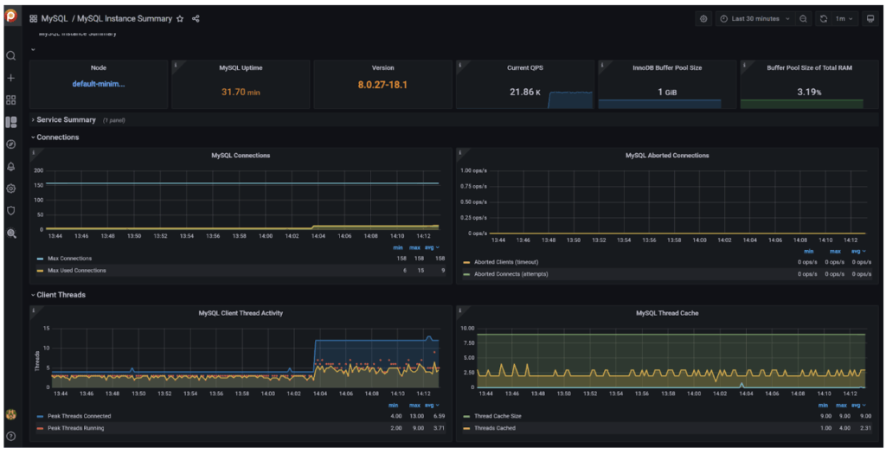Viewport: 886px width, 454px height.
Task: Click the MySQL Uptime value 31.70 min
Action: coord(240,92)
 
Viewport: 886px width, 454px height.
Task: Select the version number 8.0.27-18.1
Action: coord(382,85)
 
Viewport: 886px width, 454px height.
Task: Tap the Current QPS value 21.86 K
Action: coord(524,92)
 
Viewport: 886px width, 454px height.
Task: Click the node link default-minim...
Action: coord(98,84)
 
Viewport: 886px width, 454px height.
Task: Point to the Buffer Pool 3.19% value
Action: coord(808,92)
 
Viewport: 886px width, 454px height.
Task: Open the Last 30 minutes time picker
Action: coord(754,18)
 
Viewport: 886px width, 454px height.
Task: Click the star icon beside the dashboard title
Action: coord(180,18)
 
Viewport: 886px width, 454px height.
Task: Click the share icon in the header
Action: coord(196,18)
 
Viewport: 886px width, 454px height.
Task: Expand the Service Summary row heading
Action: coord(66,120)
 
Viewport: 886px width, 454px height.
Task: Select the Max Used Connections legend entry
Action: coord(77,271)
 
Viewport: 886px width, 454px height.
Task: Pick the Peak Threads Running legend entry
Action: coord(79,428)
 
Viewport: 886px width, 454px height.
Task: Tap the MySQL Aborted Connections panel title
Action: coord(666,156)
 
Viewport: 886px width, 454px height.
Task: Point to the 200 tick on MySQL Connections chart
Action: coord(38,170)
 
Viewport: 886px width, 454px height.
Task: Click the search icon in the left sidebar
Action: coord(11,55)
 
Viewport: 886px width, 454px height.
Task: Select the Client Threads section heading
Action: coord(61,295)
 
